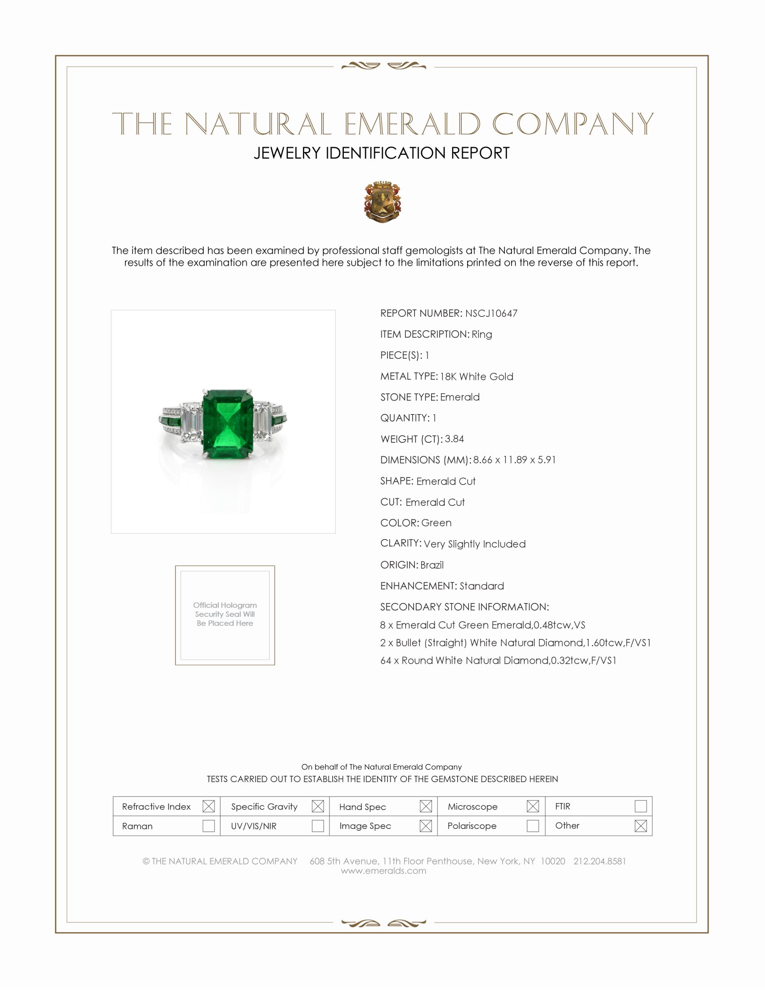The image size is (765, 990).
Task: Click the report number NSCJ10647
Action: (x=491, y=313)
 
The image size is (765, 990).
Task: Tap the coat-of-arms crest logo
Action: (x=382, y=202)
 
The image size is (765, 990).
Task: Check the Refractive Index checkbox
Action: (x=208, y=806)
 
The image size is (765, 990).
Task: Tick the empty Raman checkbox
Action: (x=208, y=825)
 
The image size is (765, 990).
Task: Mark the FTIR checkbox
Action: (x=640, y=806)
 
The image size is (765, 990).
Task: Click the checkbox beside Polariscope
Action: (x=533, y=825)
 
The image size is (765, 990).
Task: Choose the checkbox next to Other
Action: (x=640, y=825)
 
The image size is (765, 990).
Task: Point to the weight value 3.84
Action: (x=454, y=439)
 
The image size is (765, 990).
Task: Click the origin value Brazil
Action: (x=432, y=565)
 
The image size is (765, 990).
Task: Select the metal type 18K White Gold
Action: (x=476, y=376)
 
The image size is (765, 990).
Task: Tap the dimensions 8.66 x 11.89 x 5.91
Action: (x=514, y=459)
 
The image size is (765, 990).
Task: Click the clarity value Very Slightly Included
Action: (x=474, y=544)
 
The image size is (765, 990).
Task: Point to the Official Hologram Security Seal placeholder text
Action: (x=225, y=614)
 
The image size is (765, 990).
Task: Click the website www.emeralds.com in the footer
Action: (x=383, y=870)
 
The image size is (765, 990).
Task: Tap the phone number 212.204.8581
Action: (x=599, y=861)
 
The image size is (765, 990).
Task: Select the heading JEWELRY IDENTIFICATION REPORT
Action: (x=382, y=153)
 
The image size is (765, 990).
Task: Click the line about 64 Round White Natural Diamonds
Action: (x=498, y=661)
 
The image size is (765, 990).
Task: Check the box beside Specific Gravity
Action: (x=318, y=806)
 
